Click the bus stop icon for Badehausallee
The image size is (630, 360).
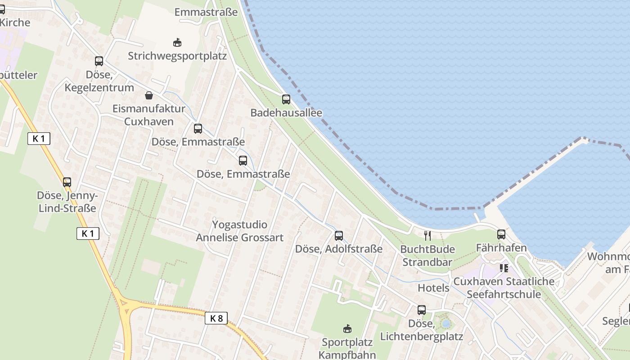(x=286, y=99)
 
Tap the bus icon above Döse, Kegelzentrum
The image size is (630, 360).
(x=99, y=61)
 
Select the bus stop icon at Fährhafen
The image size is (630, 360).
(x=501, y=234)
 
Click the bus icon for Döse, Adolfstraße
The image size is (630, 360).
(x=339, y=235)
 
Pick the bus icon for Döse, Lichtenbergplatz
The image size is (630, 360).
(x=422, y=310)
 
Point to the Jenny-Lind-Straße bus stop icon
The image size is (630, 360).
(x=67, y=182)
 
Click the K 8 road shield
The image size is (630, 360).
(x=216, y=319)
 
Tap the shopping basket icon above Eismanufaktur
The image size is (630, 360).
(x=149, y=95)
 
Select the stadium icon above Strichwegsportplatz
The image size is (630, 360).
(x=177, y=43)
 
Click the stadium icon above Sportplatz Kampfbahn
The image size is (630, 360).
(x=347, y=329)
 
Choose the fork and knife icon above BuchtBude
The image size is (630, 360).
(x=427, y=235)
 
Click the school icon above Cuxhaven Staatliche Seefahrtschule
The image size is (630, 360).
(x=504, y=268)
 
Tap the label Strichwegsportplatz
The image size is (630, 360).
(x=177, y=56)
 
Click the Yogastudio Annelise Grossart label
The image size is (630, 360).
(x=240, y=231)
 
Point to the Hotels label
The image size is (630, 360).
(x=433, y=288)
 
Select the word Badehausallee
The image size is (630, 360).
(x=286, y=112)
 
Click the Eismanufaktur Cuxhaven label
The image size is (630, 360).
(x=149, y=115)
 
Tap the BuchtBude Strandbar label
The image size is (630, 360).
(x=427, y=256)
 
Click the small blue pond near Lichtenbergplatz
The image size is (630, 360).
(x=446, y=324)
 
